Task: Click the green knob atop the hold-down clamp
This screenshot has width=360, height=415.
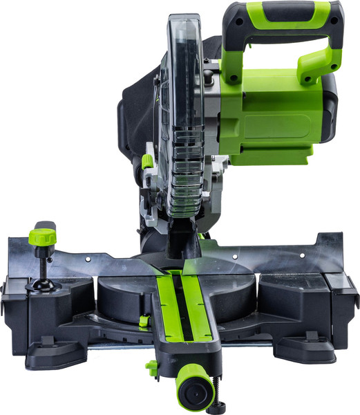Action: click(42, 237)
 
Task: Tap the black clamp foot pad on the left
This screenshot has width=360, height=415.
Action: click(37, 285)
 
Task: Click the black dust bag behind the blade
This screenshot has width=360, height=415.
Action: click(135, 111)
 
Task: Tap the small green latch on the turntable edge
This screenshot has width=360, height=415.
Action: click(143, 320)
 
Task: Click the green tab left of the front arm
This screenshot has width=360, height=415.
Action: click(151, 366)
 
